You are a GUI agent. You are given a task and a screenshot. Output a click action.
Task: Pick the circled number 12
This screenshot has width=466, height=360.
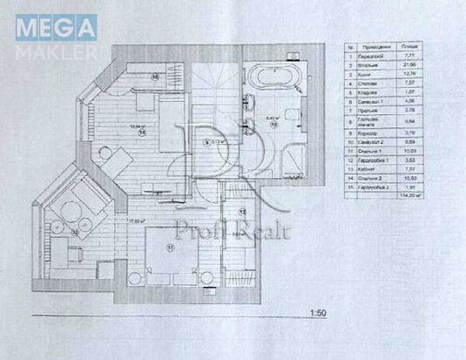coord(242,211)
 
